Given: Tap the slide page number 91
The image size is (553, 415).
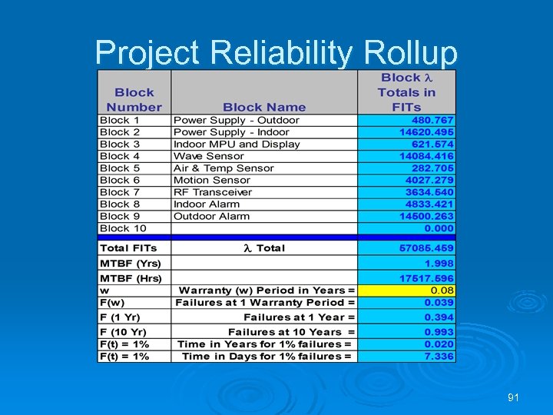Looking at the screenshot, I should click(x=514, y=397).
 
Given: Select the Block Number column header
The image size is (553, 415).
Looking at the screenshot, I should click(x=134, y=100).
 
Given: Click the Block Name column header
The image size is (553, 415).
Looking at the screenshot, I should click(x=264, y=108).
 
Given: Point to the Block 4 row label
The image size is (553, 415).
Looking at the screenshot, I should click(x=120, y=156).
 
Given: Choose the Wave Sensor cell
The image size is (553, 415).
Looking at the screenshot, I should click(x=209, y=156).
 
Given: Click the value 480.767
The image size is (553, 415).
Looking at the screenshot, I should click(x=433, y=121).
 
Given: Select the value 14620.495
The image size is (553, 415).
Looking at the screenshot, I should click(x=427, y=132).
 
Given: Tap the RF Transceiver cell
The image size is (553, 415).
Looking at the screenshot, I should click(x=213, y=192).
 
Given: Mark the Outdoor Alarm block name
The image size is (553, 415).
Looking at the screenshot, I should click(x=211, y=216).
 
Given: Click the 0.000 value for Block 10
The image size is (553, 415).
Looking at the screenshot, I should click(x=439, y=228).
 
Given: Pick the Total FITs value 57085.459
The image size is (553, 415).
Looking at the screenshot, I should click(x=426, y=248).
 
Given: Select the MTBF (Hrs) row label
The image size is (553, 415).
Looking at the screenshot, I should click(x=127, y=277).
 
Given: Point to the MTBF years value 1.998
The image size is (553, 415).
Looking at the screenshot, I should click(x=439, y=264).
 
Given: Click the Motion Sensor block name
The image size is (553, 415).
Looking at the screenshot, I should click(x=212, y=180).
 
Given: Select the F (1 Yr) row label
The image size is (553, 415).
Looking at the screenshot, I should click(x=122, y=317).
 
